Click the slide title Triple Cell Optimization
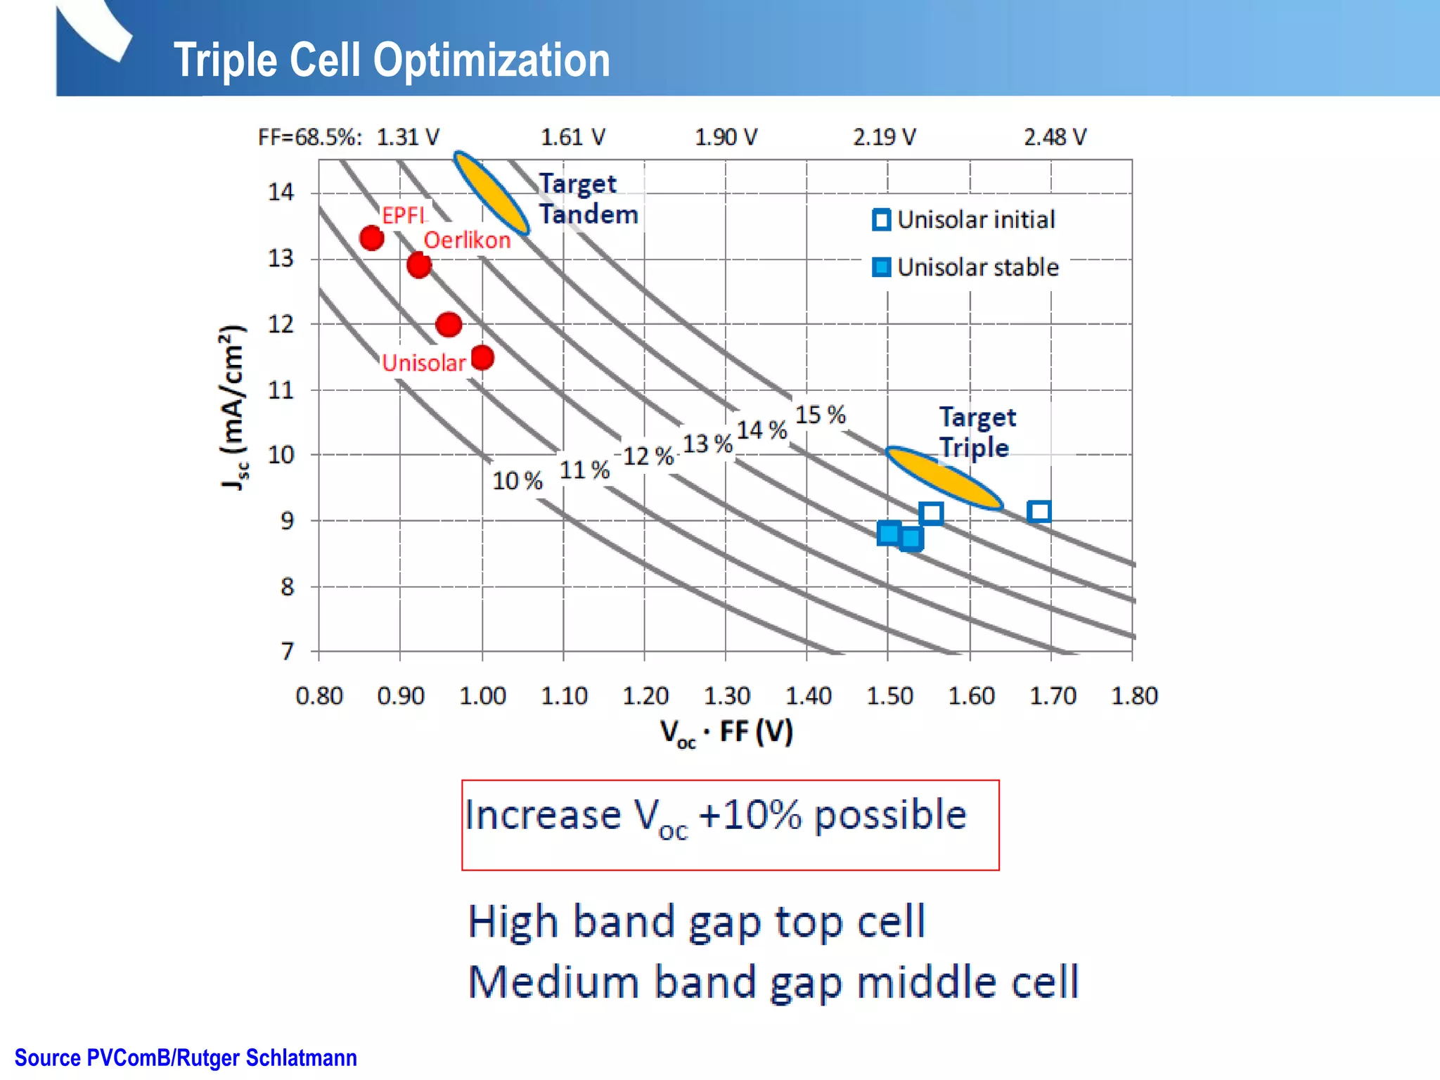(x=391, y=60)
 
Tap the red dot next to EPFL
(x=371, y=238)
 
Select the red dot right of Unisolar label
(x=482, y=358)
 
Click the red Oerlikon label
(x=467, y=240)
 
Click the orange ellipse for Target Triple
(x=944, y=478)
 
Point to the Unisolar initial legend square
(x=881, y=220)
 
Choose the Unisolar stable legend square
(x=881, y=268)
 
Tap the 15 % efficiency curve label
(x=820, y=415)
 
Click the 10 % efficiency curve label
(x=517, y=481)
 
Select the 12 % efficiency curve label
(x=648, y=456)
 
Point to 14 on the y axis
(x=281, y=192)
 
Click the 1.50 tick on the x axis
(x=889, y=696)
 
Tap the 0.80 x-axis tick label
(x=319, y=696)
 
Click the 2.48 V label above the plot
(x=1055, y=137)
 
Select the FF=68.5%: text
(x=310, y=137)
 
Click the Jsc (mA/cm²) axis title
(x=233, y=408)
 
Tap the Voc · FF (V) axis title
(x=726, y=733)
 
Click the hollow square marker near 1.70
(x=1039, y=511)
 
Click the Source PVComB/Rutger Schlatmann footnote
(x=186, y=1057)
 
